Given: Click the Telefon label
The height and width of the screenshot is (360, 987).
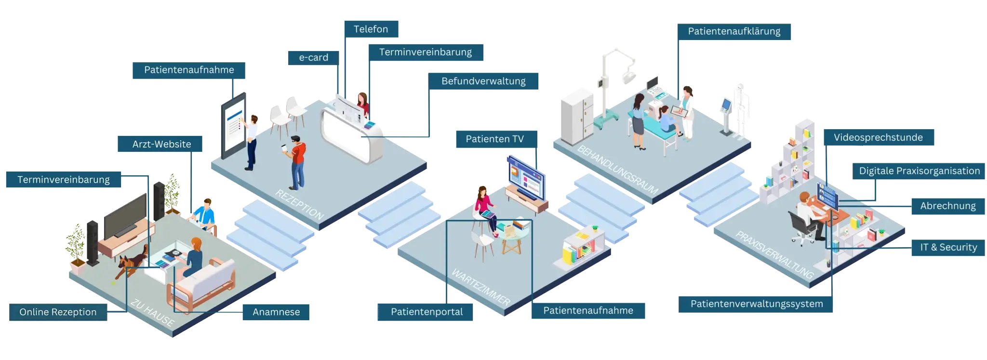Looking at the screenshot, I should [371, 29].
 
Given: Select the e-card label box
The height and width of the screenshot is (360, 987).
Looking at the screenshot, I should [313, 58].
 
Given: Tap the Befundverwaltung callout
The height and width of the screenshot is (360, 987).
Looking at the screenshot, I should [483, 81].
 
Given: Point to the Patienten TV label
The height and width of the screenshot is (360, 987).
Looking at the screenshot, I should [494, 139].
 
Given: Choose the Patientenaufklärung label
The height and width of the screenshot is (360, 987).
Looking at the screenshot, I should [734, 32].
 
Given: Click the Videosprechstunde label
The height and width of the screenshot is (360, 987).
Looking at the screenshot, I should [878, 138].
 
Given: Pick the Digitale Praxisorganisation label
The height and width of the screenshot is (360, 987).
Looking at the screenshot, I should [919, 171].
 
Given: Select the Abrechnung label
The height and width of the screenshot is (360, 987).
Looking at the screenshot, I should [947, 206].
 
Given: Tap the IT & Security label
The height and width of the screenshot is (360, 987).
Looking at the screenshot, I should [948, 248].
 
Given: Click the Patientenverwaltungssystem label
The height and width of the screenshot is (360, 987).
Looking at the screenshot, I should [756, 304].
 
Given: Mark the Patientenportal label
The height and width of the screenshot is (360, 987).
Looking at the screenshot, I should [427, 312].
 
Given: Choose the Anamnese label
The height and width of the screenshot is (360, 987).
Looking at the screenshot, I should [276, 312].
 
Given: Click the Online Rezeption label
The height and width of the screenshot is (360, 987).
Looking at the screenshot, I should [58, 312].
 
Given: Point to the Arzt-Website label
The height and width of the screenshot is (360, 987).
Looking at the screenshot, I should [161, 144].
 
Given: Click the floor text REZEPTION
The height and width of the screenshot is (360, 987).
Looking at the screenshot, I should [299, 204].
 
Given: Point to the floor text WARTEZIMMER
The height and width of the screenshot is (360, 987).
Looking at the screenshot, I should [480, 287].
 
